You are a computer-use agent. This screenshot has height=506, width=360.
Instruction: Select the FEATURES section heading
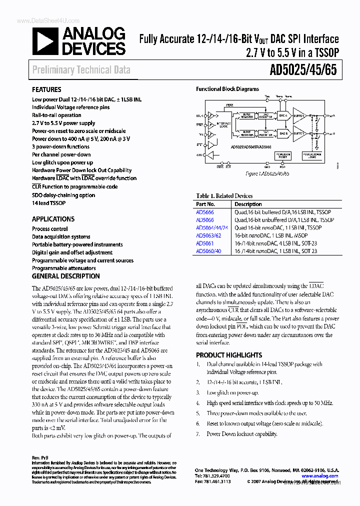click(x=47, y=90)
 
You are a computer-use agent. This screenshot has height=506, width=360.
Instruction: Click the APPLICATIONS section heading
click(x=53, y=219)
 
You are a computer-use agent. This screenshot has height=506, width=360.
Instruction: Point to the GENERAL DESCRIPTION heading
click(x=65, y=276)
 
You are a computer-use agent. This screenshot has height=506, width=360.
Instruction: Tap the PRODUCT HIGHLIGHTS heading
click(x=229, y=355)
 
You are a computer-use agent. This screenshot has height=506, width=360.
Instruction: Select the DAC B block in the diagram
click(x=282, y=133)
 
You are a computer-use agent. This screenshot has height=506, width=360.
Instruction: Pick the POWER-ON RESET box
click(x=283, y=156)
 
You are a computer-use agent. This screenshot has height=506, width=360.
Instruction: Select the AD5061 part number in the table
click(x=204, y=243)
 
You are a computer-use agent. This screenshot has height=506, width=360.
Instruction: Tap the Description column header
click(x=248, y=204)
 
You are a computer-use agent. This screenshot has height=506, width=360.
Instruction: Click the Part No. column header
click(x=205, y=204)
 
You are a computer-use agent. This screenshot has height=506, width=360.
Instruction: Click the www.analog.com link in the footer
click(x=319, y=476)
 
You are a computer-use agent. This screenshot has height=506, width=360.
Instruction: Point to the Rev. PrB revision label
click(x=40, y=458)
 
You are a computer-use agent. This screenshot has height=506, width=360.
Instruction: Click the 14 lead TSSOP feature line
click(x=48, y=203)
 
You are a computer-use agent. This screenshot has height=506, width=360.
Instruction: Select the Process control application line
click(x=50, y=229)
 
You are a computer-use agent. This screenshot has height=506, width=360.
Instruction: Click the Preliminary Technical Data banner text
click(x=81, y=70)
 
